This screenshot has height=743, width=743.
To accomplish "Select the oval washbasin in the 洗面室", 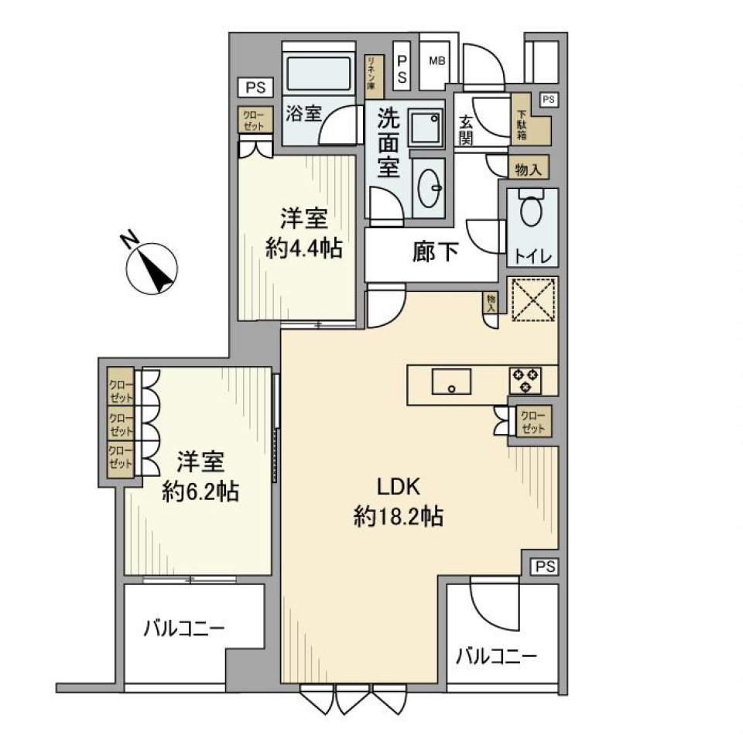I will (x=427, y=187).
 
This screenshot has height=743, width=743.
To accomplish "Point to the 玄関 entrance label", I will (x=467, y=129).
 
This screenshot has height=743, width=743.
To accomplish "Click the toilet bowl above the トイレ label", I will (x=531, y=211).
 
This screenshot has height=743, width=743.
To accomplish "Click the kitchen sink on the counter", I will (x=451, y=382).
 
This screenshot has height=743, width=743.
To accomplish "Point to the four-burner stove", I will (x=525, y=379).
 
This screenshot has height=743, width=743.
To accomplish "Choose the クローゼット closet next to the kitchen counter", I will (x=532, y=423).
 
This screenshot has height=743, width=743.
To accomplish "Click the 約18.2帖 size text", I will (x=398, y=517).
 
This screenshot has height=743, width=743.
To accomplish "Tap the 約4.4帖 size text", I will (x=302, y=249).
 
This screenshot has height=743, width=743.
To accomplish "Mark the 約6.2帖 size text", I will (x=200, y=491).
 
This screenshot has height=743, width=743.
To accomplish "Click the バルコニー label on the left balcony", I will (x=183, y=627).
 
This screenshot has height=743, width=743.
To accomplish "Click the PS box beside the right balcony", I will (x=544, y=567).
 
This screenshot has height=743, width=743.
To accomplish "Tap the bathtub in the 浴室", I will (x=318, y=75).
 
